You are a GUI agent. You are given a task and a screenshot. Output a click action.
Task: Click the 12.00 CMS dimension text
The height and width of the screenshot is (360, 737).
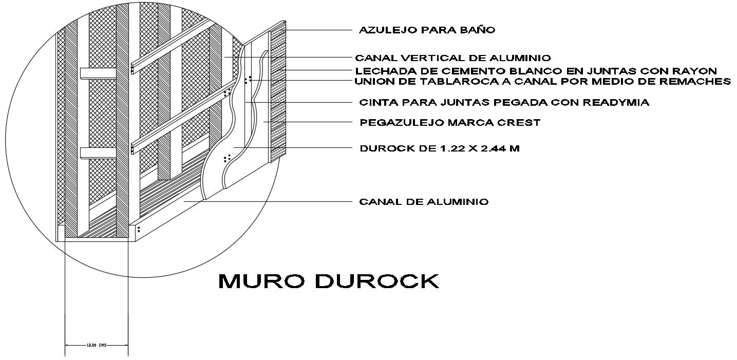pyautogui.click(x=96, y=346)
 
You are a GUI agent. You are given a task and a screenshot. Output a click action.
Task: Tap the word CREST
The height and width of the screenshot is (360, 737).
pyautogui.click(x=520, y=123)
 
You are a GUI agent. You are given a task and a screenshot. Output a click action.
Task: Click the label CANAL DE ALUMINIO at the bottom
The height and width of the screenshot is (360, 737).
pyautogui.click(x=423, y=202)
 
